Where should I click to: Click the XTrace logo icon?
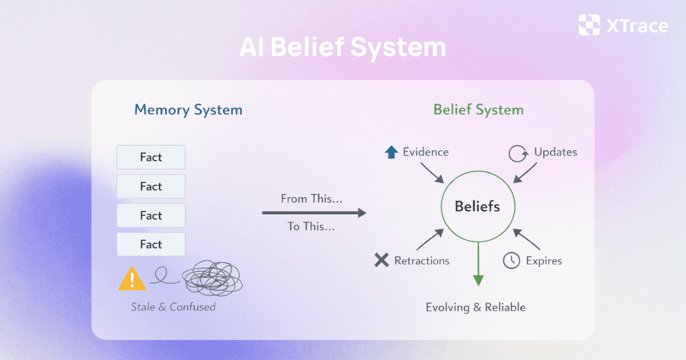click(589, 25)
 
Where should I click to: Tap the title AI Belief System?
click(342, 47)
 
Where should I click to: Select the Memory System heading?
click(188, 110)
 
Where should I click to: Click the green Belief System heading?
click(478, 110)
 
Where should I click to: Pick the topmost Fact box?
click(151, 157)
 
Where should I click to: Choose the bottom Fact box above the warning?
click(151, 245)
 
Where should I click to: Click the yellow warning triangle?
click(132, 279)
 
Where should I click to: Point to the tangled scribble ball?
click(212, 279)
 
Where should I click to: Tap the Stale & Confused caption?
click(173, 307)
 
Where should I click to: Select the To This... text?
click(311, 226)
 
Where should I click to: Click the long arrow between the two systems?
click(314, 213)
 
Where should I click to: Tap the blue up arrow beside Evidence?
click(392, 152)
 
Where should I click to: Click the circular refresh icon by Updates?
click(518, 153)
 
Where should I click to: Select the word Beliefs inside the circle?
click(477, 206)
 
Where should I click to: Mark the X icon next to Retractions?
click(381, 261)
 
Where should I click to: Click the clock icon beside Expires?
click(511, 261)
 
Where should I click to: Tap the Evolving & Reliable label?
click(476, 307)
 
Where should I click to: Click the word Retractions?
click(422, 261)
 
